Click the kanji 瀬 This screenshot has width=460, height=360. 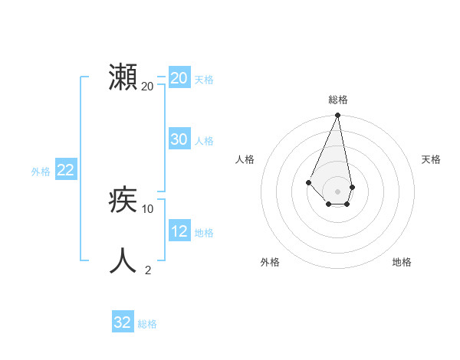tap(123, 78)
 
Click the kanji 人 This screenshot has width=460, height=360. tap(123, 260)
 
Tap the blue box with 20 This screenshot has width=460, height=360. tap(179, 78)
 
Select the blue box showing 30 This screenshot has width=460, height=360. tap(179, 139)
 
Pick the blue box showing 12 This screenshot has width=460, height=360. tap(179, 231)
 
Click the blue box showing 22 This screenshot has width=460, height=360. tap(65, 170)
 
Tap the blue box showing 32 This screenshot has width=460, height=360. tap(123, 322)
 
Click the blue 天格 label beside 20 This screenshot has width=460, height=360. tap(204, 79)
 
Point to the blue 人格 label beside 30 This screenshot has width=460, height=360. tap(204, 140)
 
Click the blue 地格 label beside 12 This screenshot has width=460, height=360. tap(204, 232)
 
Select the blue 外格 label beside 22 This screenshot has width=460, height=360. tap(41, 172)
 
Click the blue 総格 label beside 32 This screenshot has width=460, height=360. tap(147, 323)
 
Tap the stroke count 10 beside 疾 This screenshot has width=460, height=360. tap(148, 208)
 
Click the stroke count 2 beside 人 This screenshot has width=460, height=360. tap(148, 270)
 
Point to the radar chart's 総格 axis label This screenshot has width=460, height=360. tap(338, 100)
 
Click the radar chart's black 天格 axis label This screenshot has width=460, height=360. tap(431, 159)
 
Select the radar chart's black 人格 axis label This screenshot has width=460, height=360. tap(245, 159)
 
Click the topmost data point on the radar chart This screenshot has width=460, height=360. tap(337, 116)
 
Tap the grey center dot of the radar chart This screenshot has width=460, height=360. tap(337, 191)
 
